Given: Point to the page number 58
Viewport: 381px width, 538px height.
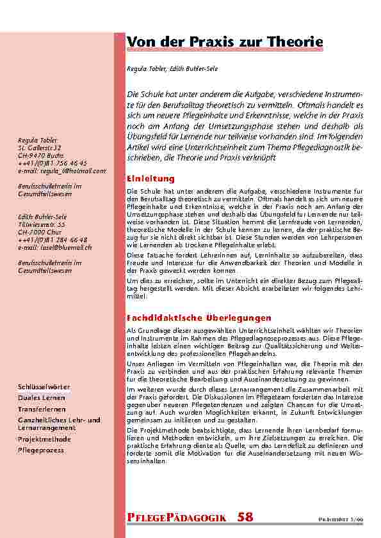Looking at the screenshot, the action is coord(245,516).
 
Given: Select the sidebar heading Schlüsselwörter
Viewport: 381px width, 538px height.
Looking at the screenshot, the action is coord(45,387).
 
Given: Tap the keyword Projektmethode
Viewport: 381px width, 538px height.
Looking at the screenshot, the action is coord(45,440).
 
